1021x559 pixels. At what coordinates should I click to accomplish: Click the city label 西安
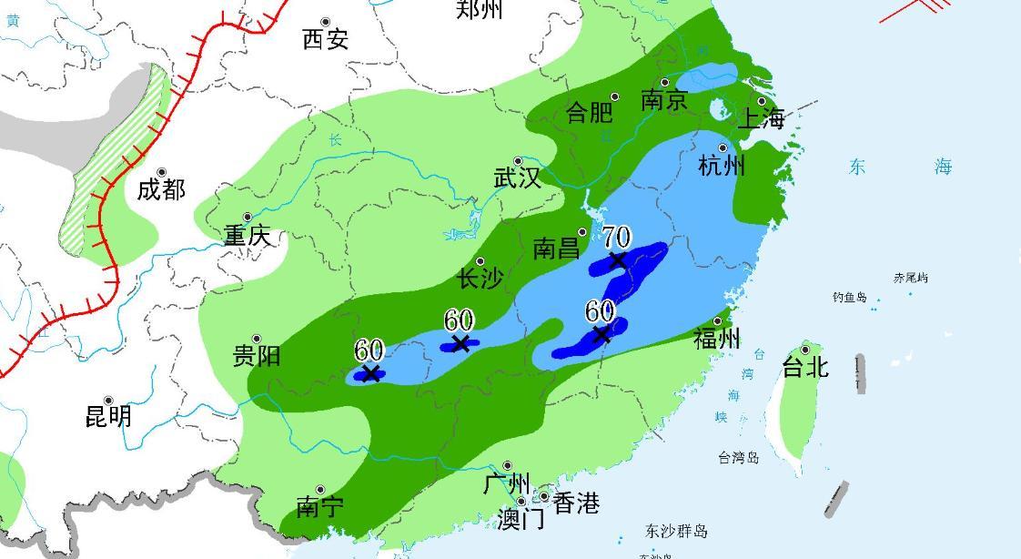pos(326,39)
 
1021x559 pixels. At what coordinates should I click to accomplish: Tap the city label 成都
pos(161,189)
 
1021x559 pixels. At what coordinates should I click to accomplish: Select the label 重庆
pos(248,236)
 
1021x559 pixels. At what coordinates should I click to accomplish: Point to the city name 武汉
pos(517,178)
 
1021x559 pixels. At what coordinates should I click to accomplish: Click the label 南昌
pos(556,249)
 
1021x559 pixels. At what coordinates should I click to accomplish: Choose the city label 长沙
pos(480,279)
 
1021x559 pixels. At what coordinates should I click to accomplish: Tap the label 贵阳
pos(256,355)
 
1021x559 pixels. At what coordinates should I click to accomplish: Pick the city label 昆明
pos(108,416)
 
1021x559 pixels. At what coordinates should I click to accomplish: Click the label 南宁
pos(319,506)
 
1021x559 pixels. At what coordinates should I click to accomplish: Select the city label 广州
pos(507,482)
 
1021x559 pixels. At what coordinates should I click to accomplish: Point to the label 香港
pos(576,503)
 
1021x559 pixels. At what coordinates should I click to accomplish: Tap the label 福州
pos(717,339)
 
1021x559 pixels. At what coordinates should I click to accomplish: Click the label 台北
pos(805,366)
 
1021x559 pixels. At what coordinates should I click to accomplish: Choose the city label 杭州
pos(722,165)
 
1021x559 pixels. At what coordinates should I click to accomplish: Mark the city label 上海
pos(760,118)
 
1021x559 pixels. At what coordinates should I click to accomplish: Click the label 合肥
pos(589,112)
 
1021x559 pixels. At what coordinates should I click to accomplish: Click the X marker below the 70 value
pos(618,260)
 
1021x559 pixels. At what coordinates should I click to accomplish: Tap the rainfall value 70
pos(616,238)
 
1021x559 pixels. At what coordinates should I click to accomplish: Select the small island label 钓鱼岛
pos(850,297)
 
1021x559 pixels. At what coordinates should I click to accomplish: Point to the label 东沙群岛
pos(676,531)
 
